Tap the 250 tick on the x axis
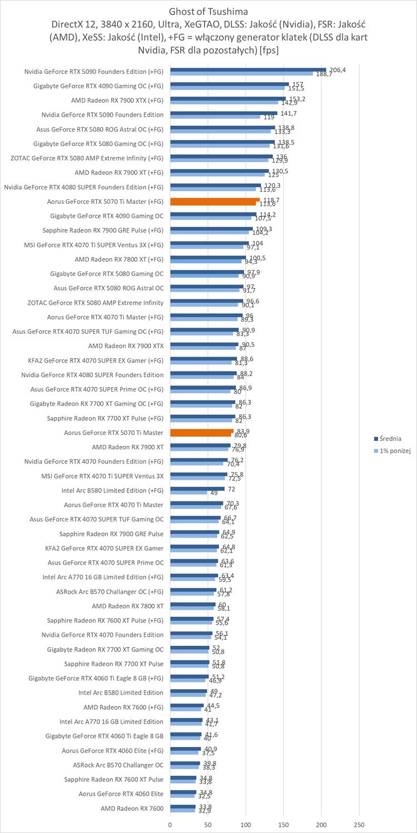coord(359,824)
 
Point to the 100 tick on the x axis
coord(246,824)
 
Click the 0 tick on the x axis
coord(170,824)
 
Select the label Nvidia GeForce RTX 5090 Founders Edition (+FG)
coord(94,71)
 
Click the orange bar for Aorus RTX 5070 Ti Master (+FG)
coord(215,201)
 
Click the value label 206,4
coord(337,69)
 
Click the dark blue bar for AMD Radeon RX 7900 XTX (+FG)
coord(228,98)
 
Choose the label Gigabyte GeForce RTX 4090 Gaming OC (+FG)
coord(98,86)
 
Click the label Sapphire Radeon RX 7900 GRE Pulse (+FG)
coord(103,230)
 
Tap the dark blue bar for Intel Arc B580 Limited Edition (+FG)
coord(197,489)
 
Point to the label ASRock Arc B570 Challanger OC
coord(118,765)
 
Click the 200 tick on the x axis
coord(321,824)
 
